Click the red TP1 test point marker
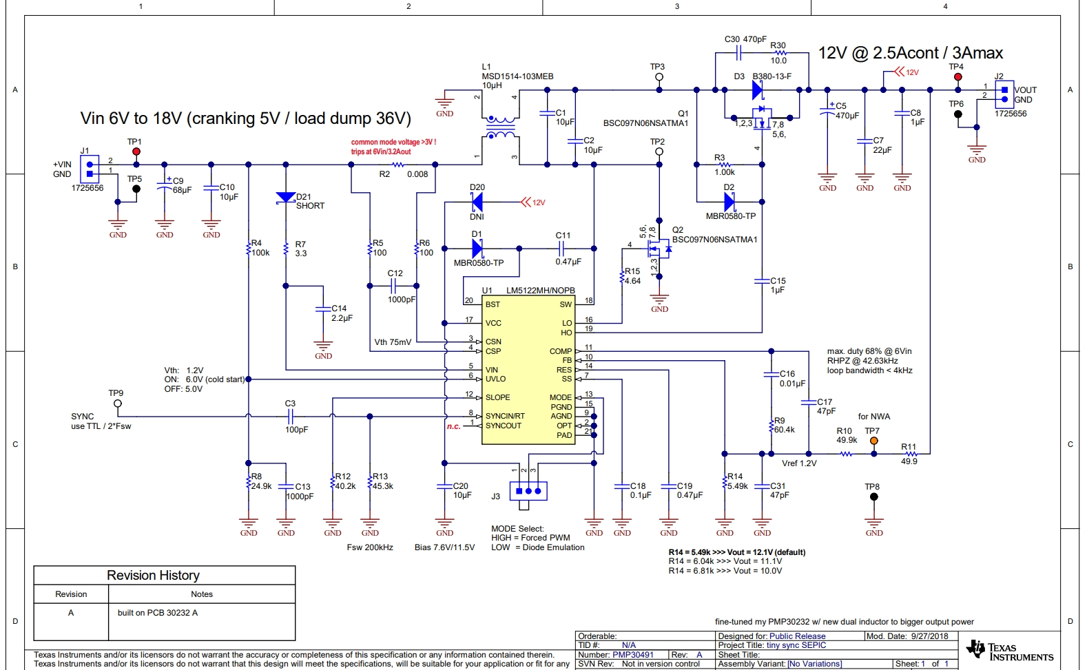pyautogui.click(x=136, y=151)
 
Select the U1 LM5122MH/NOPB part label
pyautogui.click(x=540, y=291)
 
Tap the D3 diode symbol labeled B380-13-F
pyautogui.click(x=758, y=90)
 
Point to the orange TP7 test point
pyautogui.click(x=873, y=441)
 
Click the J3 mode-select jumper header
pyautogui.click(x=528, y=491)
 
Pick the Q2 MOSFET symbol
pyautogui.click(x=659, y=249)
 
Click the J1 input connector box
pyautogui.click(x=90, y=169)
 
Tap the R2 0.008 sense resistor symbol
pyautogui.click(x=397, y=165)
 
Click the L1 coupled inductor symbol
pyautogui.click(x=500, y=127)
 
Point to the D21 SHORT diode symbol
pyautogui.click(x=285, y=198)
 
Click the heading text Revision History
pyautogui.click(x=153, y=575)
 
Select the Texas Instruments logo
pyautogui.click(x=1009, y=651)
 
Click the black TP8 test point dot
pyautogui.click(x=873, y=496)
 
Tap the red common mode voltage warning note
pyautogui.click(x=393, y=147)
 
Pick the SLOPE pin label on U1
pyautogui.click(x=497, y=397)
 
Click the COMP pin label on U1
pyautogui.click(x=560, y=351)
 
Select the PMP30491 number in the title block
pyautogui.click(x=633, y=655)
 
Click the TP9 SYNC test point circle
pyautogui.click(x=118, y=404)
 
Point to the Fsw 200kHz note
pyautogui.click(x=370, y=547)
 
